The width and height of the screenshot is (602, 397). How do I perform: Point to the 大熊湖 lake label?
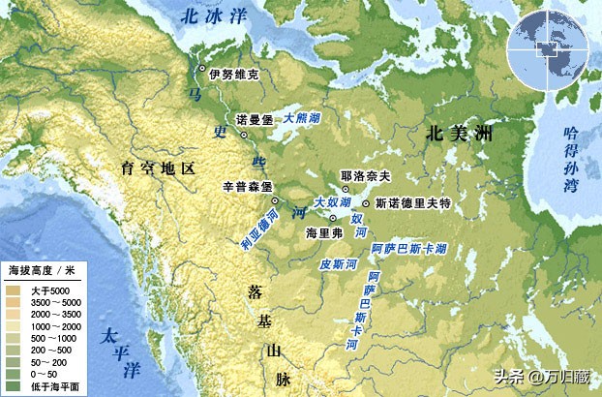303,116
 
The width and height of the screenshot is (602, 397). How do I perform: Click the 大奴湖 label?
332,201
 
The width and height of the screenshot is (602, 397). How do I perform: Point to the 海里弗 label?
324,233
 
